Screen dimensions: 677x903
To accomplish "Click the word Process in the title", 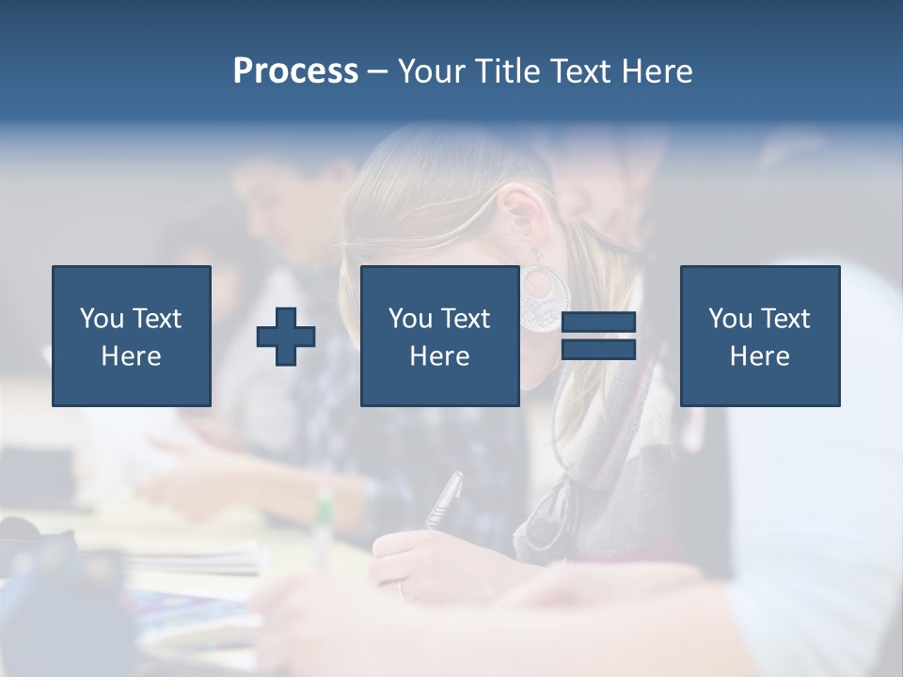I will click(295, 71).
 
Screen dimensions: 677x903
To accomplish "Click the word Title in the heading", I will click(509, 71).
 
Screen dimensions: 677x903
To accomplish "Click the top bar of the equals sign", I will click(598, 323).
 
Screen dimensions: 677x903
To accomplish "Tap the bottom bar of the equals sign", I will click(598, 350).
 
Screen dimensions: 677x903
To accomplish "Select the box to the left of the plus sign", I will click(131, 336).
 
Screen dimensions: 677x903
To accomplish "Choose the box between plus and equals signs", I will click(439, 336).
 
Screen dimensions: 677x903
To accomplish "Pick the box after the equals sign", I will click(759, 336).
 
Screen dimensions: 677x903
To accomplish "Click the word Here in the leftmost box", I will click(131, 356).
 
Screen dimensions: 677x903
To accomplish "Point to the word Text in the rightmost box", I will click(784, 319).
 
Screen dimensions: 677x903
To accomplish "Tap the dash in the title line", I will click(378, 71).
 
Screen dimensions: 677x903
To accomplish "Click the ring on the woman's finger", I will click(402, 591).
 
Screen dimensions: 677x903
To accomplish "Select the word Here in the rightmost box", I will click(759, 356).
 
